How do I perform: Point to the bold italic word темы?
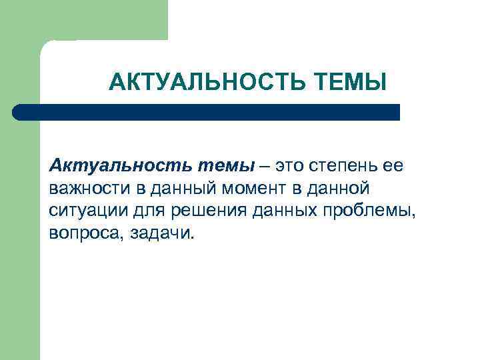226,165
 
